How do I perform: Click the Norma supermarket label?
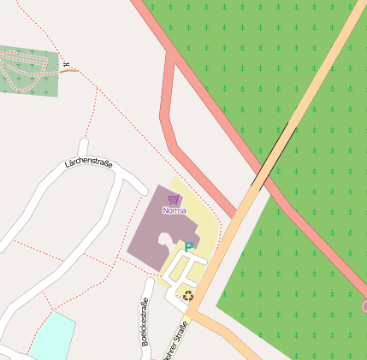pyautogui.click(x=174, y=210)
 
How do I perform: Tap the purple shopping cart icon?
pyautogui.click(x=174, y=199)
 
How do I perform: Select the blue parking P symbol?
pyautogui.click(x=189, y=247)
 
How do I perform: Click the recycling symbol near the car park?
pyautogui.click(x=188, y=296)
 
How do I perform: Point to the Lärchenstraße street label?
pyautogui.click(x=88, y=162)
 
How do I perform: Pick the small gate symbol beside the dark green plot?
pyautogui.click(x=65, y=62)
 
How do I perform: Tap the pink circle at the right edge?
pyautogui.click(x=364, y=306)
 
